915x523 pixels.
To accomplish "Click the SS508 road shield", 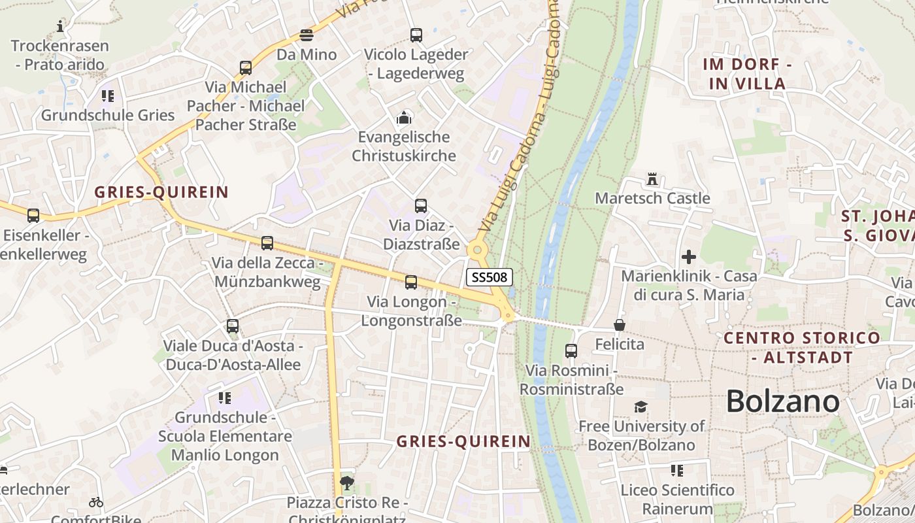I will pos(490,277).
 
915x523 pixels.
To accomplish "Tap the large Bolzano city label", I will pos(782,401).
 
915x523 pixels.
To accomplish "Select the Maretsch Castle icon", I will pos(652,178).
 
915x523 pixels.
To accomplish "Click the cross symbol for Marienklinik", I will pos(688,257).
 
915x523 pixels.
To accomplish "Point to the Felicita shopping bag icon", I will pos(619,325).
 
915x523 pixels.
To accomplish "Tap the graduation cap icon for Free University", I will pos(640,407).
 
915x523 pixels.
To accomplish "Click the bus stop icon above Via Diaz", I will pos(421,206).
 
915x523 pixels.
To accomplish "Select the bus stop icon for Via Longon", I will pos(410,282).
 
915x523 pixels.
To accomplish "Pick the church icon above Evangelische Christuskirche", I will pos(404,118).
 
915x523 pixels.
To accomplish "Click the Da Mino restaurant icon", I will pos(307,35).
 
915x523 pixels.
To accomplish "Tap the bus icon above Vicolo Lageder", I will pos(416,35).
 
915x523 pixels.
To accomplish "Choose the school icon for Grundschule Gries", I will pos(108,96).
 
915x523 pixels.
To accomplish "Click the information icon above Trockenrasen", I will pos(61,26).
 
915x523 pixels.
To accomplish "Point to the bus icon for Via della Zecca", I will pos(267,243).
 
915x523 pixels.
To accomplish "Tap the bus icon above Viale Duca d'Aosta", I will pos(232,326).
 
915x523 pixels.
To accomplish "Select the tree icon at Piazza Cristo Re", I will pos(347,484).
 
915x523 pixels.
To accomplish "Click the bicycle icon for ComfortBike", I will pos(96,502).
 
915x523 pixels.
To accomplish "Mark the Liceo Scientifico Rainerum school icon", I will pos(677,470).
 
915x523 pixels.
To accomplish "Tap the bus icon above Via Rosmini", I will pos(571,351).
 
